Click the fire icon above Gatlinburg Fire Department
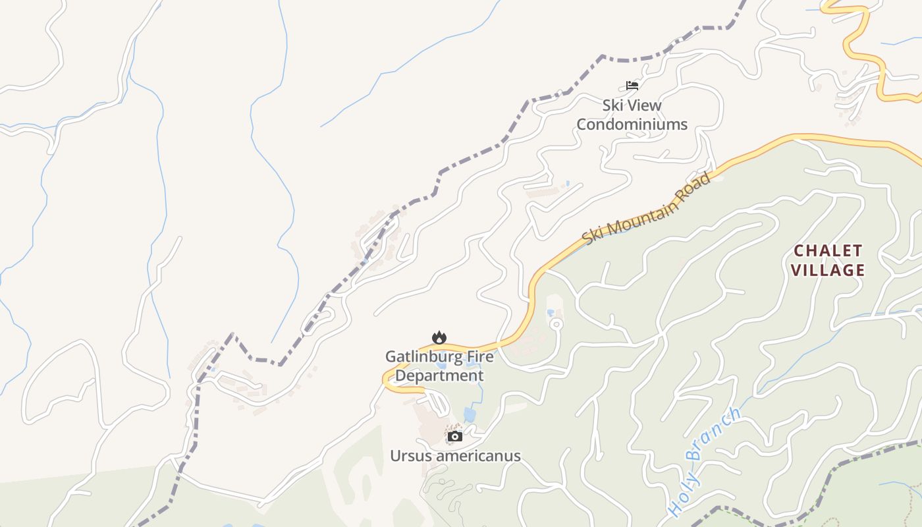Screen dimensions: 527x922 pos(439,337)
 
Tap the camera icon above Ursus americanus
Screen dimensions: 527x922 pos(455,436)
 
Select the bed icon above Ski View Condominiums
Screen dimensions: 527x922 pos(632,85)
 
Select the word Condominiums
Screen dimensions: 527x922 pos(632,124)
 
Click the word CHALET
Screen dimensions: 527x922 pos(828,250)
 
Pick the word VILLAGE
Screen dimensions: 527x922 pos(828,269)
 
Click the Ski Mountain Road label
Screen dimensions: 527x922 pos(647,208)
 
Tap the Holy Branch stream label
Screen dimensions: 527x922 pos(703,461)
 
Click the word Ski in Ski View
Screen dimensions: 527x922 pos(614,105)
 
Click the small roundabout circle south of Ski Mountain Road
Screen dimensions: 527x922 pos(556,323)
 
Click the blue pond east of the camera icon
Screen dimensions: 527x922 pos(469,414)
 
